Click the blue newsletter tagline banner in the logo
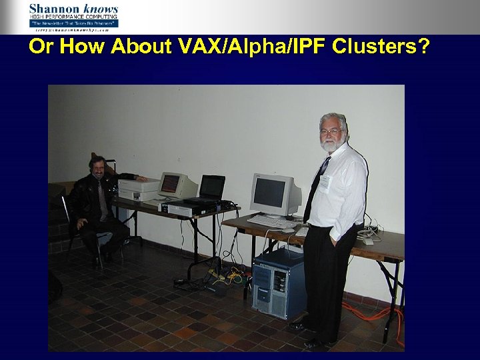point(73,23)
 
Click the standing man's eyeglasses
point(331,131)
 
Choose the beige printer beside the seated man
point(138,190)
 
